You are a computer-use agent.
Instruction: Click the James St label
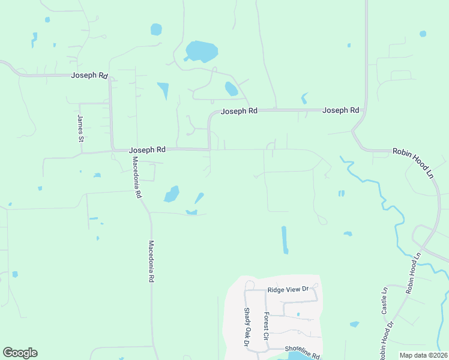pyautogui.click(x=80, y=128)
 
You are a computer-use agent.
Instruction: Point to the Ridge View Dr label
pyautogui.click(x=288, y=290)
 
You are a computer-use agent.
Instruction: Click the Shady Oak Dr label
pyautogui.click(x=247, y=327)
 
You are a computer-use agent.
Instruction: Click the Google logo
pyautogui.click(x=20, y=353)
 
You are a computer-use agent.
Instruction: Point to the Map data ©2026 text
pyautogui.click(x=423, y=355)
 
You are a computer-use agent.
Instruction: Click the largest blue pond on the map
pyautogui.click(x=201, y=52)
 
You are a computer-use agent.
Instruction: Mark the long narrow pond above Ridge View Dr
pyautogui.click(x=284, y=239)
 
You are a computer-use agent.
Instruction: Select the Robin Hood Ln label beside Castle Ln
pyautogui.click(x=414, y=272)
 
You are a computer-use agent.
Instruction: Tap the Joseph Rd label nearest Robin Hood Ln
pyautogui.click(x=340, y=110)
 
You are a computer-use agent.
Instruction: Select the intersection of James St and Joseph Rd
pyautogui.click(x=80, y=153)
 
